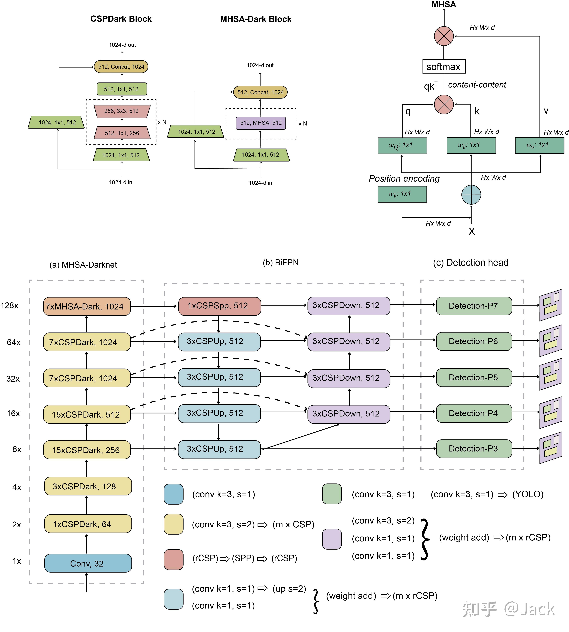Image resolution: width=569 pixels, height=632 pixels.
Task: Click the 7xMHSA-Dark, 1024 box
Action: [87, 306]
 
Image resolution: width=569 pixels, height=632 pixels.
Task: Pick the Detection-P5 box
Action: [474, 377]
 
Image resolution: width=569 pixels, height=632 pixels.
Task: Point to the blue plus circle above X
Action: [471, 195]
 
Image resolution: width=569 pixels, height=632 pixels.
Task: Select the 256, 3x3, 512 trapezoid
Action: [122, 111]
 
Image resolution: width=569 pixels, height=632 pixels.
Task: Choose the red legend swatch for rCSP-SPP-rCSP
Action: [174, 559]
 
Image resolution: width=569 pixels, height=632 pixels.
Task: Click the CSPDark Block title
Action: [121, 19]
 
